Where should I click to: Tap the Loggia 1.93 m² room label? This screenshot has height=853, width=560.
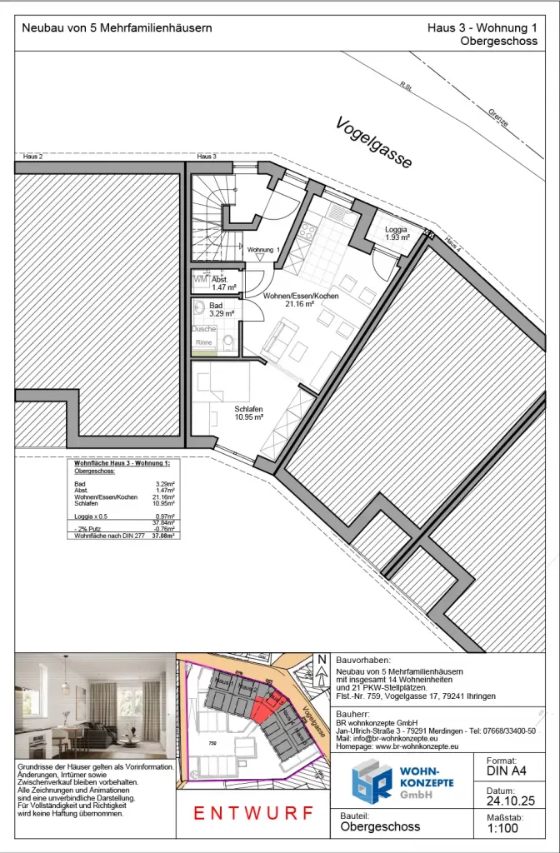[397, 232]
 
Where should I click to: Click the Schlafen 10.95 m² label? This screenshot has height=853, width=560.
[249, 412]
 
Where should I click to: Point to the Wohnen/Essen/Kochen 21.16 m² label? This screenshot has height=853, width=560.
[300, 300]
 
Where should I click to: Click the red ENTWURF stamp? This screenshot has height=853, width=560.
[253, 813]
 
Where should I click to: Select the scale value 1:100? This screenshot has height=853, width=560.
[502, 830]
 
